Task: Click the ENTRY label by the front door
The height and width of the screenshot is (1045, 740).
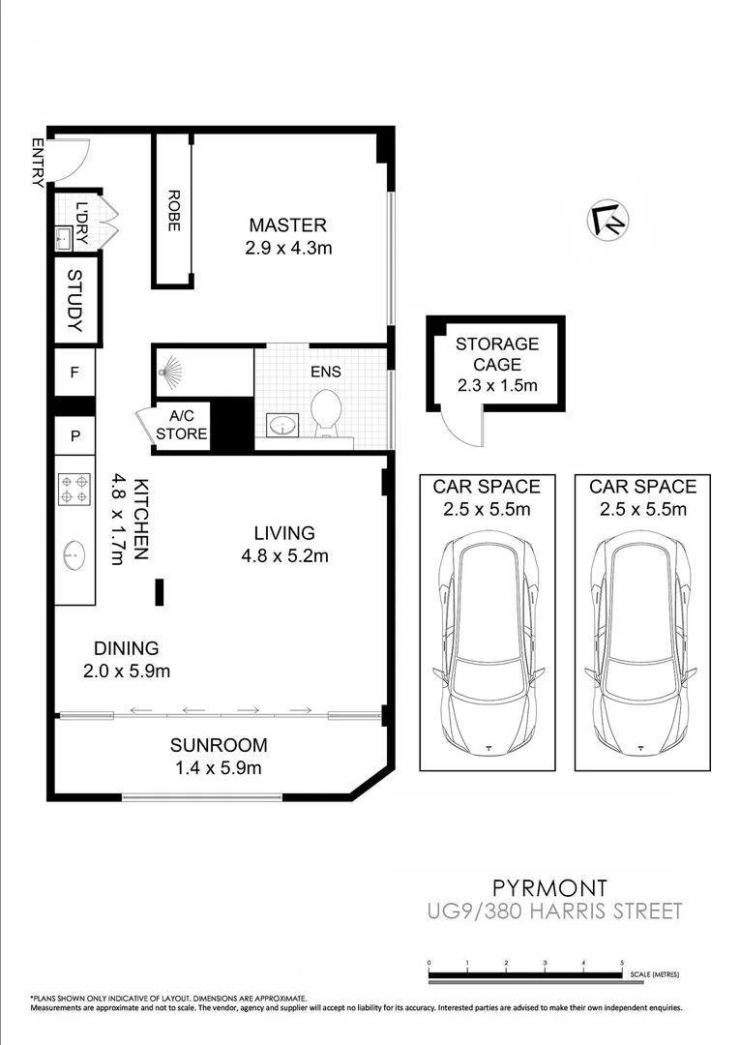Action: [38, 162]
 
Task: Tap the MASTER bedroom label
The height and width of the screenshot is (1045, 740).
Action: [287, 225]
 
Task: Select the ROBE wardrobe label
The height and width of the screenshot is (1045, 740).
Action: [173, 209]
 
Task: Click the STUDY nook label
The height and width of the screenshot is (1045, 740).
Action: [75, 300]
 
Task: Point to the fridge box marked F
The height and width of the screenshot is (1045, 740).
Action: [74, 372]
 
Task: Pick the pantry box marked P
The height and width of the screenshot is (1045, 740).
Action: [74, 435]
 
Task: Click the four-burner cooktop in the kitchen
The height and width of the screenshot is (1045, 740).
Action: [74, 488]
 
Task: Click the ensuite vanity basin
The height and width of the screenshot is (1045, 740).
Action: [282, 424]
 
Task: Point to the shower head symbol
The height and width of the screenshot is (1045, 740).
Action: [171, 368]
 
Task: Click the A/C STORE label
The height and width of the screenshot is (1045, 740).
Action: [182, 425]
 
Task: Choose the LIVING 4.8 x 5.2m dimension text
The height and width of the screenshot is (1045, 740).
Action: [284, 555]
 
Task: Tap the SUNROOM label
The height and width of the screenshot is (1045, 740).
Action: [219, 745]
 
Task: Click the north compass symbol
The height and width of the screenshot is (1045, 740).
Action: [607, 220]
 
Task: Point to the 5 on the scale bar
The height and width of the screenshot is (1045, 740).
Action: [622, 963]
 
